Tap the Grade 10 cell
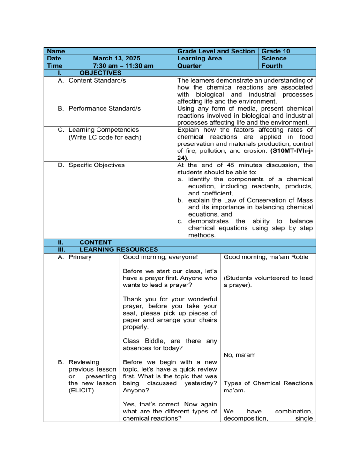277,50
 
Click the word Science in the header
275,58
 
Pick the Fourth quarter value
273,66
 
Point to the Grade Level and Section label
214,50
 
